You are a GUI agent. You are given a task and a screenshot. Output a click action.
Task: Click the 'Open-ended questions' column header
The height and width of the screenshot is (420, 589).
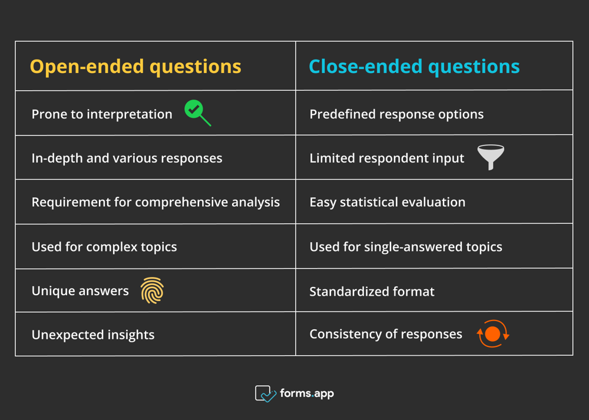click(135, 67)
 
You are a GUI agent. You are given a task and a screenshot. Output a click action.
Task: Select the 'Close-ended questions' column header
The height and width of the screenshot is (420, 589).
click(414, 67)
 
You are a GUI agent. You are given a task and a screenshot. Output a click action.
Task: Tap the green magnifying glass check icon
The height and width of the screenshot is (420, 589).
click(197, 113)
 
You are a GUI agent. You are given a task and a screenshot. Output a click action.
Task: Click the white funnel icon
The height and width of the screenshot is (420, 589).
click(490, 157)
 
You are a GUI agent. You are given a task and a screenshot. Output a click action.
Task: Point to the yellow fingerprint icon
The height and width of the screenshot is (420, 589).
click(152, 291)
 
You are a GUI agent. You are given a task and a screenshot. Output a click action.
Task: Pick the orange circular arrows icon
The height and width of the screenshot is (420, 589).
click(492, 334)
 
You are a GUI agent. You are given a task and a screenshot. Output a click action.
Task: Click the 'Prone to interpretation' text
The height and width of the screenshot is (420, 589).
click(102, 114)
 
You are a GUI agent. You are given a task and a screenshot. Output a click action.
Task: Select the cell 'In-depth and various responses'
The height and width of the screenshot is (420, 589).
click(127, 158)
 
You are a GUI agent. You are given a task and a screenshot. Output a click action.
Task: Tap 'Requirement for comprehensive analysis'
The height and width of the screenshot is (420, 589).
click(155, 202)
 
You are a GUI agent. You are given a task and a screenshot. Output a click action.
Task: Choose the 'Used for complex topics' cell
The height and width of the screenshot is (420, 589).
click(104, 247)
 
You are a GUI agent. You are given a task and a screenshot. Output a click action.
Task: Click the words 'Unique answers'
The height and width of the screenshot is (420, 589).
click(80, 291)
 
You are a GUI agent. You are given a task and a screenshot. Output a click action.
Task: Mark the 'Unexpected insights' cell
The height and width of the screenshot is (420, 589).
click(93, 335)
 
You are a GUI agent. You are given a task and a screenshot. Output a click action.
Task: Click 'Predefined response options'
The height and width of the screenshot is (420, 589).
click(396, 114)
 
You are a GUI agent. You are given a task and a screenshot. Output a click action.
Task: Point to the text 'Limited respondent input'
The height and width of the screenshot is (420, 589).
click(387, 158)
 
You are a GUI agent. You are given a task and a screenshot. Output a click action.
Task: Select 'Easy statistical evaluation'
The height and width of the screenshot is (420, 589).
click(388, 202)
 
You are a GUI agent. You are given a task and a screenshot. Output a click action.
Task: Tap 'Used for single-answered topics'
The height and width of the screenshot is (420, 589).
click(406, 247)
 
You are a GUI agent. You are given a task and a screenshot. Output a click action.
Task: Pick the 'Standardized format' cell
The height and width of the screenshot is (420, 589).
click(372, 291)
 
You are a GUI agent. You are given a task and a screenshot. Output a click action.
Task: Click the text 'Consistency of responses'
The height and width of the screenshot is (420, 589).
click(386, 334)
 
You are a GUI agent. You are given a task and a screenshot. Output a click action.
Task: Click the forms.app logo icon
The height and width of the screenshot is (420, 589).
click(265, 393)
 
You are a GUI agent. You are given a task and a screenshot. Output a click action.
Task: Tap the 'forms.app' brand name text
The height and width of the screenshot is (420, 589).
click(307, 393)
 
